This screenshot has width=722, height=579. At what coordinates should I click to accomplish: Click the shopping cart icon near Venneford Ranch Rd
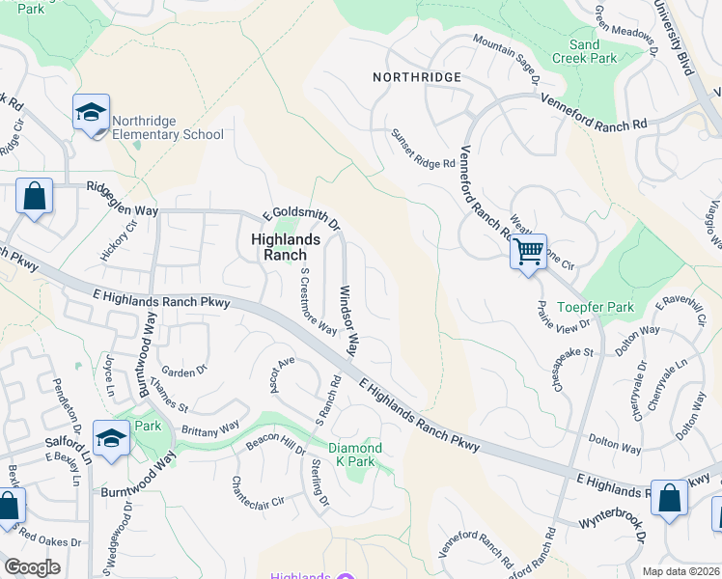click(x=528, y=252)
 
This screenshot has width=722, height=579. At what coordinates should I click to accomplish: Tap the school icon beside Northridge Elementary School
click(x=92, y=113)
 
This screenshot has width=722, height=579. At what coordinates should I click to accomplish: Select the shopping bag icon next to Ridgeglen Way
click(x=35, y=198)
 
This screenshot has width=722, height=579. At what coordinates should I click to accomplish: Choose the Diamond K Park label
click(x=355, y=455)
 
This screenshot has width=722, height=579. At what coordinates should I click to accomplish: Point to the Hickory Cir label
click(x=120, y=240)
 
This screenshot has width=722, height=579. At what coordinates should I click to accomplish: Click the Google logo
click(x=32, y=567)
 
